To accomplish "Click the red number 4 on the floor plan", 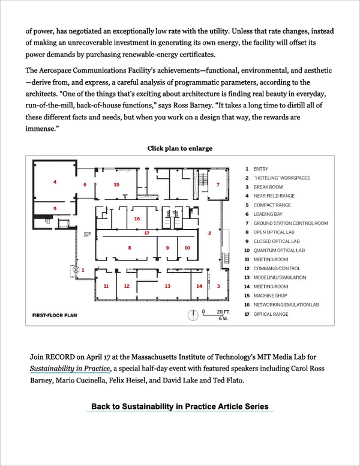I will click(x=55, y=181).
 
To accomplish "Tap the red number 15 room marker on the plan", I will click(x=116, y=184).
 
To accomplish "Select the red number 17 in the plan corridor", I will click(x=146, y=232).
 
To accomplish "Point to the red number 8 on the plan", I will click(x=130, y=247).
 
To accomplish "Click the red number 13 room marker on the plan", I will click(x=167, y=286).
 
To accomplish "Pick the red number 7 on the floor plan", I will click(x=218, y=184).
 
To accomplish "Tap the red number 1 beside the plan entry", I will click(x=83, y=270).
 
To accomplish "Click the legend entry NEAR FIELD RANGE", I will click(x=274, y=196).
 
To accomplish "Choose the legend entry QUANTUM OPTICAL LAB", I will click(x=279, y=250).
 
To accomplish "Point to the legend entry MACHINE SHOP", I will click(x=270, y=295).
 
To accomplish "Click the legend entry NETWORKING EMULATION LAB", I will click(x=286, y=304).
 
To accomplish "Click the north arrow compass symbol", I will click(x=193, y=314).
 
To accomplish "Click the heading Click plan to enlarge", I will click(x=180, y=148).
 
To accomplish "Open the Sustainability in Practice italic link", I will click(x=70, y=369).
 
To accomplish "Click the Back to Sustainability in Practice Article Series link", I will click(x=180, y=407).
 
